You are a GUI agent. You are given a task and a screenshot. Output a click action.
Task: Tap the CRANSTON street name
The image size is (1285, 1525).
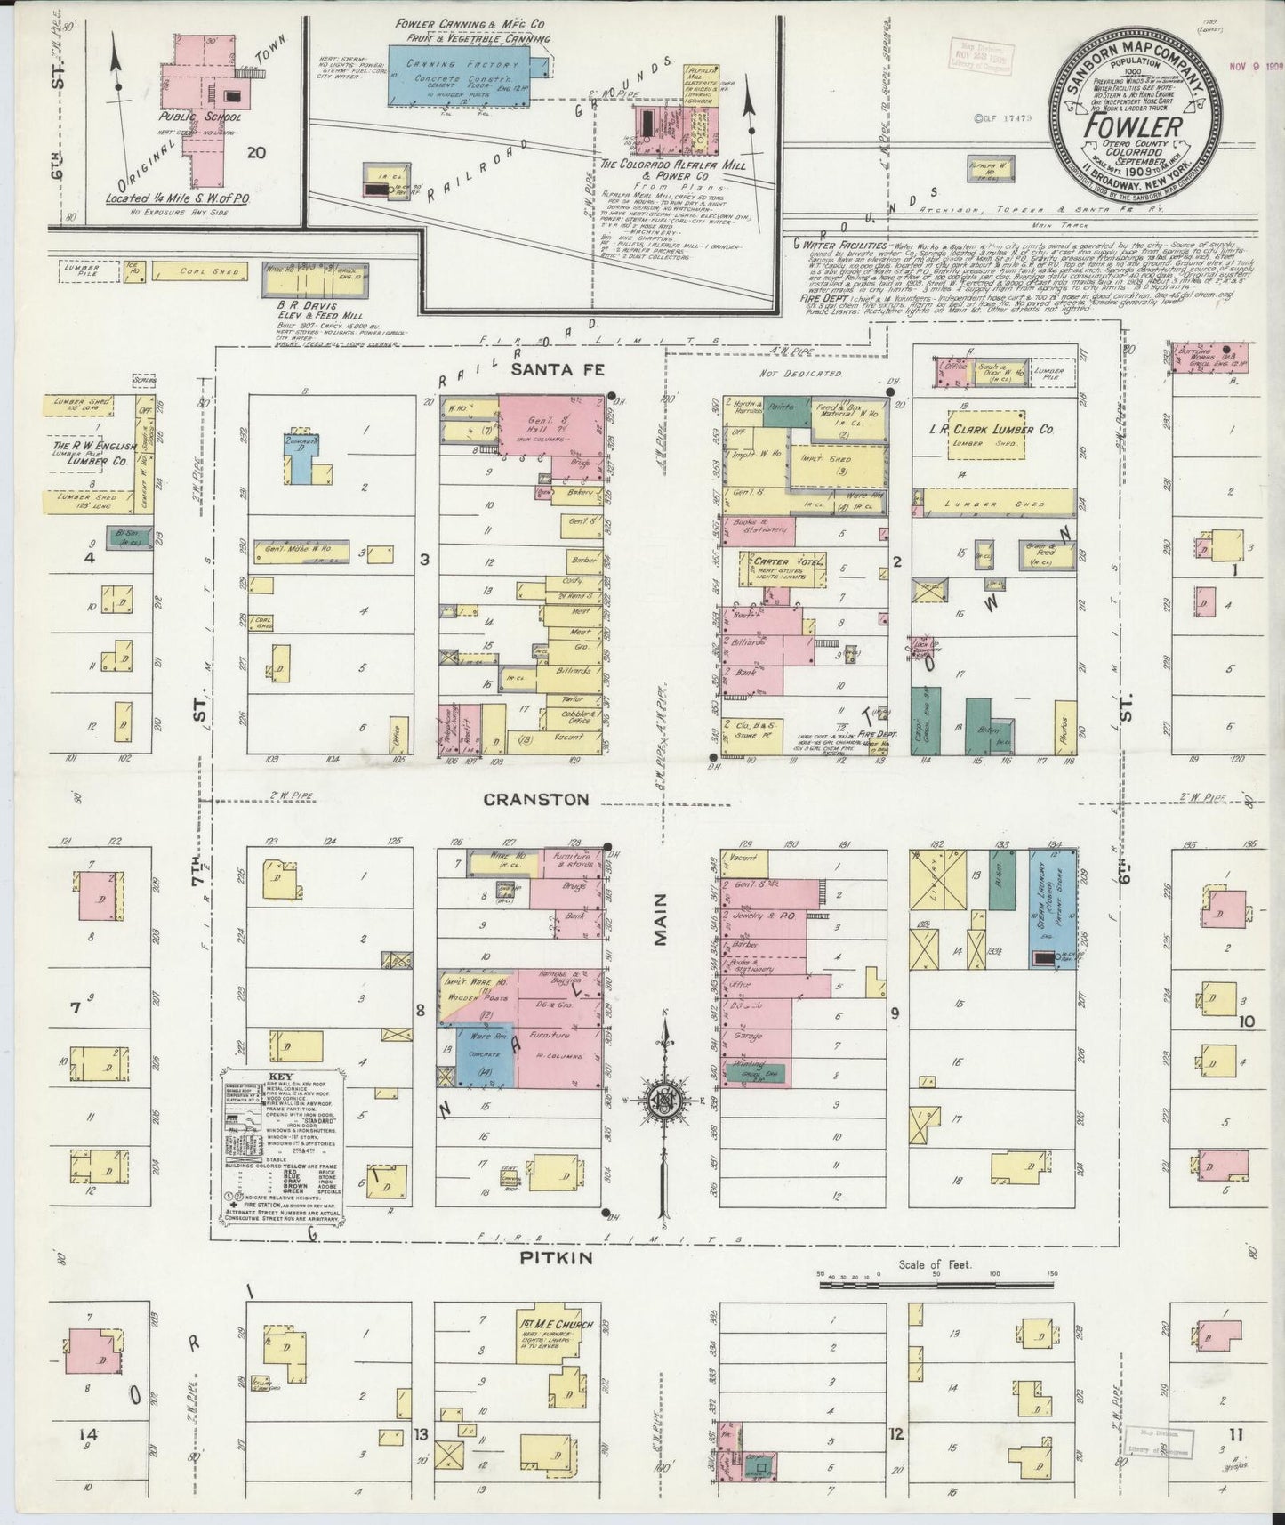tap(535, 799)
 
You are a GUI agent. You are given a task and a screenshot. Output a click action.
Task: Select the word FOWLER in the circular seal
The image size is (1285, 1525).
tap(1133, 125)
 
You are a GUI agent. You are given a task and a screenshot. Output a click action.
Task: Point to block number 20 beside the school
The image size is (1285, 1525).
tap(257, 152)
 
